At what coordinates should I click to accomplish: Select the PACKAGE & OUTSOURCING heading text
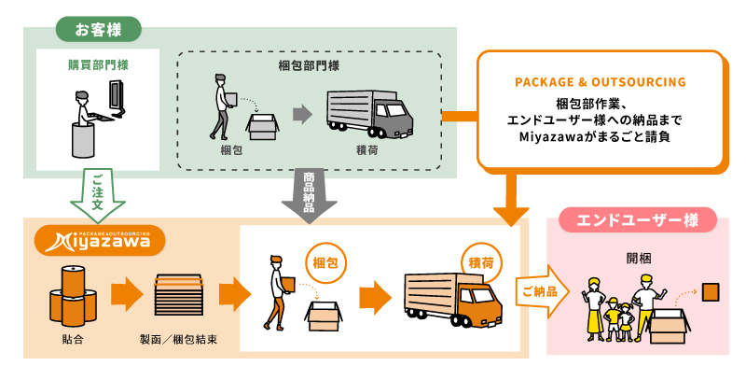601,82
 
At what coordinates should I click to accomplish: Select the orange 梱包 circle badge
323,263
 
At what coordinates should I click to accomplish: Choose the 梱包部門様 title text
309,65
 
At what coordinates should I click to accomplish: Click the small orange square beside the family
711,292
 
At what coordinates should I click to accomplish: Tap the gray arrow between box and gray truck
301,115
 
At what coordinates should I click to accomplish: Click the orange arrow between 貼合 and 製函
125,294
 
